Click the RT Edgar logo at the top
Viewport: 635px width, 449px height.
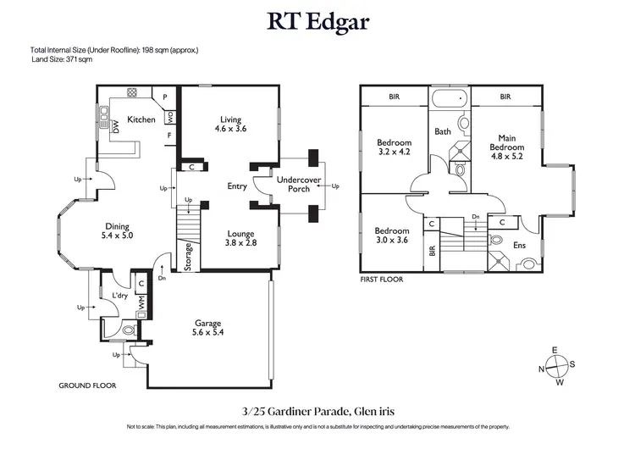317,20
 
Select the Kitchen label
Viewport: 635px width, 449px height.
141,119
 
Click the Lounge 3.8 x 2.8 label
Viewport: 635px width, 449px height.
241,237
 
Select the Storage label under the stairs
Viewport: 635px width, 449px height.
188,256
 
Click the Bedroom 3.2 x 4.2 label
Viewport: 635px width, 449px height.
394,147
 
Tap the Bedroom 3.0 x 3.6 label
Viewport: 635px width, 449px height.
392,236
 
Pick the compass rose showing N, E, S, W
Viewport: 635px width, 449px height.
556,366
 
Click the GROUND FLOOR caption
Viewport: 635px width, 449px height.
87,385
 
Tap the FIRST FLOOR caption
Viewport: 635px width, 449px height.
382,278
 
